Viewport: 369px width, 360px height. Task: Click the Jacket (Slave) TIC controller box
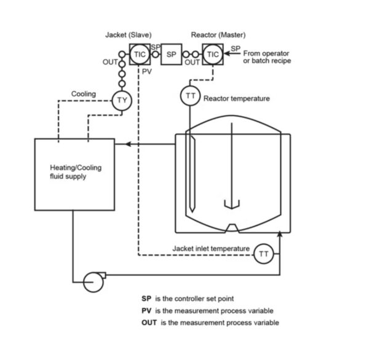(138, 55)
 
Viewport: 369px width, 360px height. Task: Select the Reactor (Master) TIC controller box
(213, 55)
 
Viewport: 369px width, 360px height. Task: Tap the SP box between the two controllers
(172, 55)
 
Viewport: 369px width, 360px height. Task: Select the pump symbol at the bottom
(93, 281)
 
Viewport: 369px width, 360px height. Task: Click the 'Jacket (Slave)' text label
(128, 35)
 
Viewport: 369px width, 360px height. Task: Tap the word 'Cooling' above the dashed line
(84, 94)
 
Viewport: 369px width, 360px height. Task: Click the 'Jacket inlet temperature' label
(211, 248)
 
